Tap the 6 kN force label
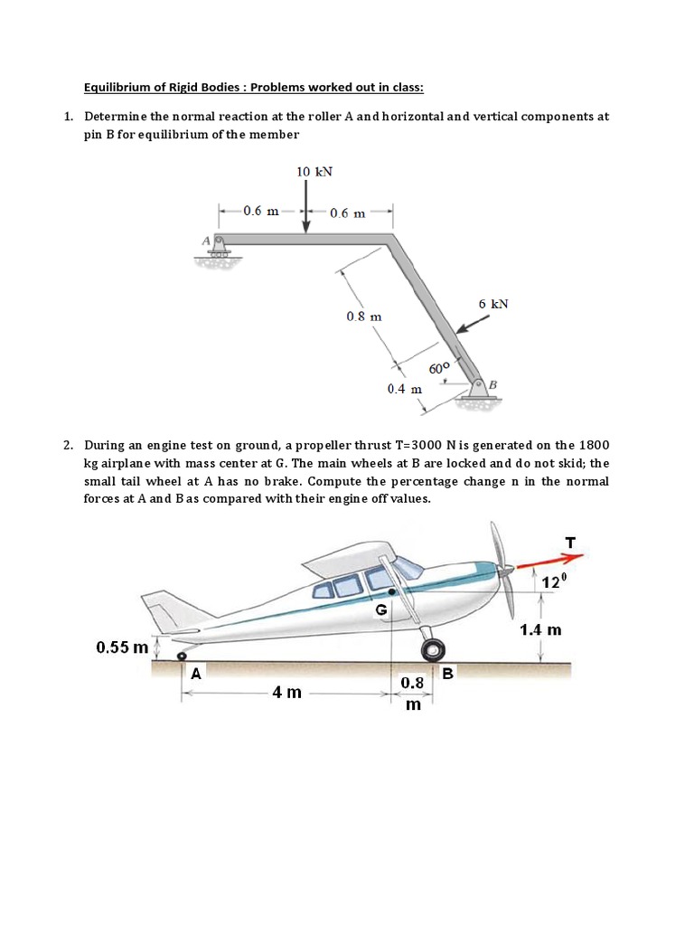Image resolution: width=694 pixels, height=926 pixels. click(493, 304)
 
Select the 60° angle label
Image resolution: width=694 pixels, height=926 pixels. click(439, 368)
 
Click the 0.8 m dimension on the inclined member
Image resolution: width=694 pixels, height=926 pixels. click(364, 317)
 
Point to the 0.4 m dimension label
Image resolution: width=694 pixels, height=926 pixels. click(404, 389)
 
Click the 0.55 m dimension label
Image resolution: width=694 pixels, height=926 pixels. click(122, 647)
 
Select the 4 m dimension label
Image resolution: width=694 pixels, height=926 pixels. click(287, 692)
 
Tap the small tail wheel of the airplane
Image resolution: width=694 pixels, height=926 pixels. click(183, 655)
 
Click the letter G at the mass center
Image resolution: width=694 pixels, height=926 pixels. click(381, 610)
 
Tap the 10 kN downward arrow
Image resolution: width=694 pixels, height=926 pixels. click(306, 206)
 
